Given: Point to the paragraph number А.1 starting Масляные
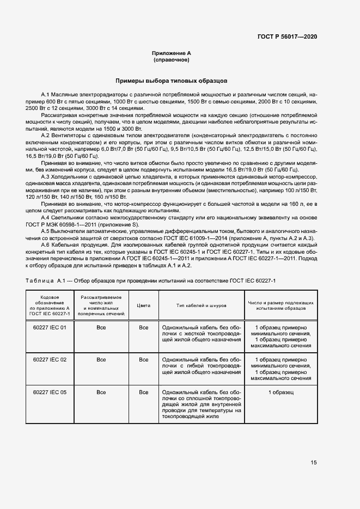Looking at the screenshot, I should pyautogui.click(x=46, y=95).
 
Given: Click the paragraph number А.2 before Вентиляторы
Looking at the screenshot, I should pyautogui.click(x=46, y=134).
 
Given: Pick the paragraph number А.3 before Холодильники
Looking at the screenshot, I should pyautogui.click(x=46, y=177).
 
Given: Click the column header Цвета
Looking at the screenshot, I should pyautogui.click(x=143, y=305).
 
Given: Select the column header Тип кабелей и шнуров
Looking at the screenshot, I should pyautogui.click(x=201, y=305).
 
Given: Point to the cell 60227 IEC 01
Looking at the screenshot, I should pyautogui.click(x=50, y=328).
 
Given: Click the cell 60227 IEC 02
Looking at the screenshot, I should pyautogui.click(x=50, y=360).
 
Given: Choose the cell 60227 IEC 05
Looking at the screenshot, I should pyautogui.click(x=50, y=392).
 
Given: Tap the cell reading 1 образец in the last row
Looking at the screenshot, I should pyautogui.click(x=280, y=392).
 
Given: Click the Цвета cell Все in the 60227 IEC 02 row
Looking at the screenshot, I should pyautogui.click(x=143, y=360).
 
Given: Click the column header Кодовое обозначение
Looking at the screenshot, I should pyautogui.click(x=50, y=305).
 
